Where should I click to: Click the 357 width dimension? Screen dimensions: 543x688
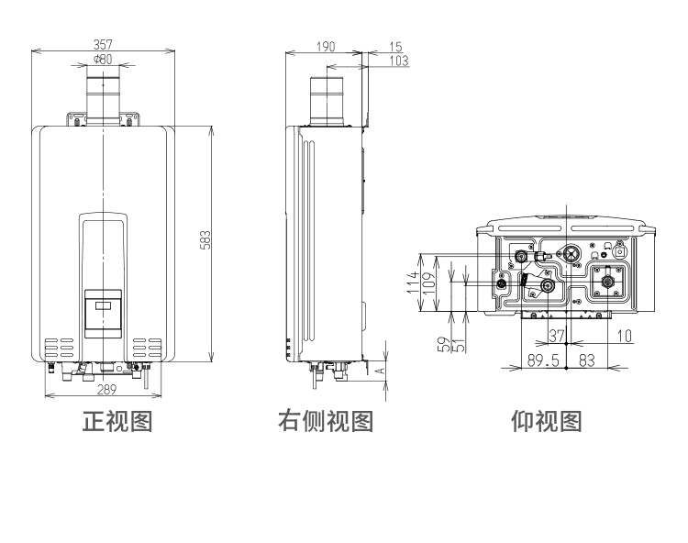[103, 44]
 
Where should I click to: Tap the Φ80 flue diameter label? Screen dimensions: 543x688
[103, 60]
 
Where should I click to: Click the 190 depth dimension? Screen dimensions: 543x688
[325, 45]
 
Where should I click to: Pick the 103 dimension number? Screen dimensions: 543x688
[397, 61]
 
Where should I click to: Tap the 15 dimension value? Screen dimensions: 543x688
[395, 45]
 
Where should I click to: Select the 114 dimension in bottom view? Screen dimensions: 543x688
[415, 282]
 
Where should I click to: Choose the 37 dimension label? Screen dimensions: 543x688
[556, 336]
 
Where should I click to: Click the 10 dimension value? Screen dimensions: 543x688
[624, 336]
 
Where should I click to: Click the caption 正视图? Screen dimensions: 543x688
[117, 422]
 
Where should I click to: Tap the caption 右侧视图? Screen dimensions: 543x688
[327, 422]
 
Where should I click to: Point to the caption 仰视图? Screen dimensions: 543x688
[547, 422]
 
